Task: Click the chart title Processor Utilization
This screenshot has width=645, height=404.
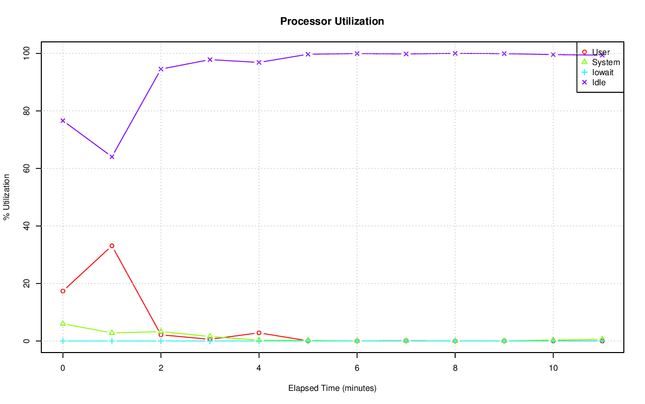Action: tap(332, 21)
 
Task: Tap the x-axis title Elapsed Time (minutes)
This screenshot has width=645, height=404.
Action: tap(332, 388)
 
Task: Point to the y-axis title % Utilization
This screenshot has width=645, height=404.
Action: tap(7, 197)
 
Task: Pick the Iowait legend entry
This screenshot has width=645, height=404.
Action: tap(603, 72)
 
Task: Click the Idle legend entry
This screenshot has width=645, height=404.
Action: tap(599, 82)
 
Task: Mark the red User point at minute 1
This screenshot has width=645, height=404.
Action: tap(112, 246)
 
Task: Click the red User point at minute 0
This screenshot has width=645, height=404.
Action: tap(62, 291)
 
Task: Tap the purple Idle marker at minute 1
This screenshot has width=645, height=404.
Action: tap(112, 157)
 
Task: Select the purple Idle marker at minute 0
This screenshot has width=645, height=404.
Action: tap(62, 121)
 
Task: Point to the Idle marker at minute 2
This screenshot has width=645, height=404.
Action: tap(161, 69)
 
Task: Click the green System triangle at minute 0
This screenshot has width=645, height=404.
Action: tap(62, 323)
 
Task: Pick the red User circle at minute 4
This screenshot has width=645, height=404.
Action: tap(259, 333)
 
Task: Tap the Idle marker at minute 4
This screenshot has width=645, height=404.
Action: tap(259, 63)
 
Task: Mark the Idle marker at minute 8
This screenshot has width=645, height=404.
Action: tap(455, 53)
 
